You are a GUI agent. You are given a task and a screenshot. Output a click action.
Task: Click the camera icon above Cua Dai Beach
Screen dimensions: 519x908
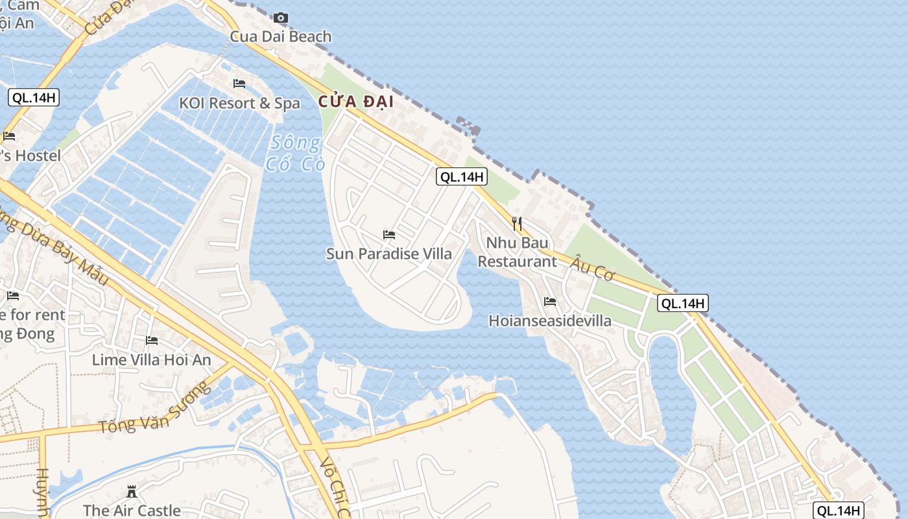click(x=280, y=18)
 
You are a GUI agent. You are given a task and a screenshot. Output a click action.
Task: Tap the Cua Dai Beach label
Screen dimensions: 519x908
click(x=281, y=36)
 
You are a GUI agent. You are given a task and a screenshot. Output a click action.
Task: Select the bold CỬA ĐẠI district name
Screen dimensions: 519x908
click(x=356, y=102)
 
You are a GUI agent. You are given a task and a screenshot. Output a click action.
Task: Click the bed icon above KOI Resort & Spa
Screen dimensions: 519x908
click(x=239, y=84)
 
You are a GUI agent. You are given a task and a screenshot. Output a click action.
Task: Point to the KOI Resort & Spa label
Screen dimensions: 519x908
click(x=239, y=103)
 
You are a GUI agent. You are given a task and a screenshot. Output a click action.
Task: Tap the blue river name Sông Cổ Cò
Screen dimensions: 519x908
click(x=295, y=153)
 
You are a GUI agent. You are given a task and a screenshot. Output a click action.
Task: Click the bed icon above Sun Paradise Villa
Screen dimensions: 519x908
click(x=389, y=234)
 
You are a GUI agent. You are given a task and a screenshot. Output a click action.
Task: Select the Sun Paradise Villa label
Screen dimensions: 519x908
click(x=388, y=254)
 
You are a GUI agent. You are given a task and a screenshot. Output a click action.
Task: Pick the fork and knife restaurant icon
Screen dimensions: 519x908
click(x=517, y=224)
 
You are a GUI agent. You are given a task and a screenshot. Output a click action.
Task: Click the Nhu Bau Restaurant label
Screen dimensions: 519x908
click(x=517, y=252)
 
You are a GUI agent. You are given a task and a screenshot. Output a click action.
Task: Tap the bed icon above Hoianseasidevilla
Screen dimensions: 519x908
click(x=550, y=301)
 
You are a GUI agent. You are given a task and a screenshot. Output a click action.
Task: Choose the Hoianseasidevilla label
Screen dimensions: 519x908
click(x=549, y=320)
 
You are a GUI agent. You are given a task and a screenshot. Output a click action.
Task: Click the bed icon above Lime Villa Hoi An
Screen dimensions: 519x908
click(x=152, y=340)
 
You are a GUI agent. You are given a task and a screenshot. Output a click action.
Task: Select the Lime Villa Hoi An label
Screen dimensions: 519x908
click(x=152, y=359)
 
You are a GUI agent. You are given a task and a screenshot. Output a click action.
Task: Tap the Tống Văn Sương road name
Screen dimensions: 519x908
click(x=155, y=409)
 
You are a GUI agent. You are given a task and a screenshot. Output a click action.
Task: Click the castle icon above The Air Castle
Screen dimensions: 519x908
click(x=132, y=490)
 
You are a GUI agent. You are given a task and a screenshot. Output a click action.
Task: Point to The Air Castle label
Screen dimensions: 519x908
click(x=132, y=511)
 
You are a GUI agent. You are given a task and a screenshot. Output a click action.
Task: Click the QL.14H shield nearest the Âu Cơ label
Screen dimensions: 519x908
click(x=682, y=303)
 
